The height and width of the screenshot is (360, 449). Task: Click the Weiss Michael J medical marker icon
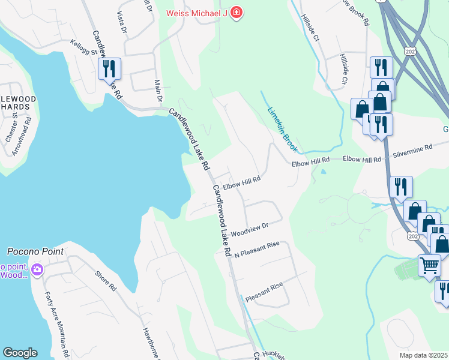coord(237,12)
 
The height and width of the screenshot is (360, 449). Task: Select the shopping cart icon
coord(429,265)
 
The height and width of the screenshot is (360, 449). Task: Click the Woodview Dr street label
coord(249,229)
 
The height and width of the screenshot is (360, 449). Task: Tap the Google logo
coord(20,353)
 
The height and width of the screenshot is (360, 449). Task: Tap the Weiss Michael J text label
coord(197,13)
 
